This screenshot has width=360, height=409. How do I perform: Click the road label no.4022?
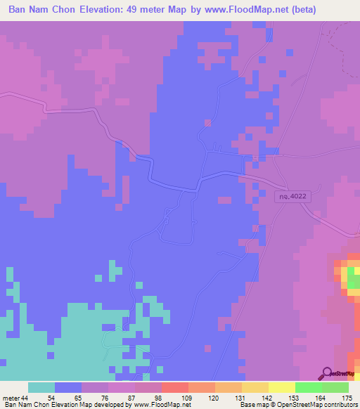point(292,199)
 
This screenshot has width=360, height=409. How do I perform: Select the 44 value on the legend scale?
point(24,398)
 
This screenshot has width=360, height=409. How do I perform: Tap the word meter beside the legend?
point(10,398)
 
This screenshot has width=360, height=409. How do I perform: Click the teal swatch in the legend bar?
point(41,387)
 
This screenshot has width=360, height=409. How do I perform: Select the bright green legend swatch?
point(309,387)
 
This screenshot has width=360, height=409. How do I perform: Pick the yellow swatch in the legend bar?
point(282,387)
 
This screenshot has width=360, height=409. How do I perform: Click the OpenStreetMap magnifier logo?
point(326,373)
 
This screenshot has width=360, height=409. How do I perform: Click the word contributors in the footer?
point(340,405)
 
